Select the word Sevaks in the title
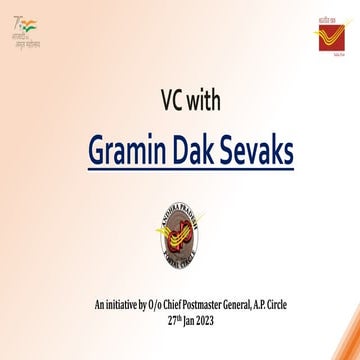click(254, 153)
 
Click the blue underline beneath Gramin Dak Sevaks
click(180, 177)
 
